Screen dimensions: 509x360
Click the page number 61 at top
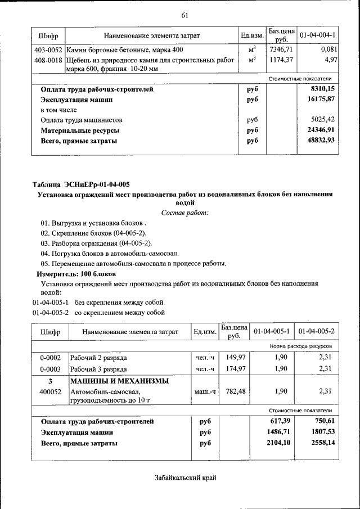click(x=184, y=15)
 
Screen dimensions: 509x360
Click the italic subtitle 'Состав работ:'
click(x=184, y=212)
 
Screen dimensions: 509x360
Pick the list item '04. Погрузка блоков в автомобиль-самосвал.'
click(x=112, y=254)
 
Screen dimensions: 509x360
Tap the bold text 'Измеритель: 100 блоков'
click(x=76, y=273)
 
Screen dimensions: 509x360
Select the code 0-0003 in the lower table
click(x=50, y=369)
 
